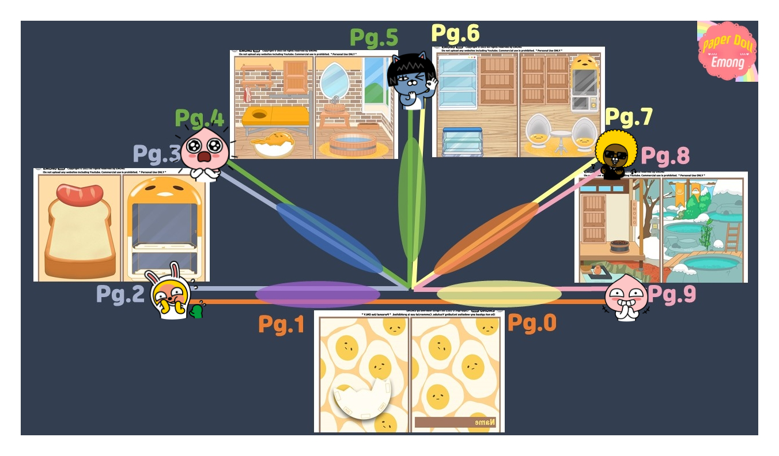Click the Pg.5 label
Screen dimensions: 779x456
tap(374, 38)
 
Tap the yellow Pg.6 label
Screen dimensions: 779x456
tap(455, 33)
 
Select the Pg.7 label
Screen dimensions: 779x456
tap(629, 117)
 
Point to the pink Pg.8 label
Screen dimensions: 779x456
tap(665, 155)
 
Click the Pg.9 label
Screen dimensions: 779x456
tap(672, 294)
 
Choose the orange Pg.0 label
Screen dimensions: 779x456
tap(532, 323)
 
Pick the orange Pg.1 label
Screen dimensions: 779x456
tap(281, 324)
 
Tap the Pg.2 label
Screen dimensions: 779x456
tap(120, 294)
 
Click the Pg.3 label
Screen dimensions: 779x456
tap(157, 154)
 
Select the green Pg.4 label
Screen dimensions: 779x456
tap(199, 119)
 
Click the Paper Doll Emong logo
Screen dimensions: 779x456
tap(728, 51)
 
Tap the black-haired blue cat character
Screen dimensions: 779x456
tap(411, 79)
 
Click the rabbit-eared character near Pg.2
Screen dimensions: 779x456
tap(170, 293)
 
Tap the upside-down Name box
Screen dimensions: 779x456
tap(455, 423)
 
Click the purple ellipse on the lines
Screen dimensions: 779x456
tap(317, 294)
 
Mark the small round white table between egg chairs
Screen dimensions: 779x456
tap(558, 138)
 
